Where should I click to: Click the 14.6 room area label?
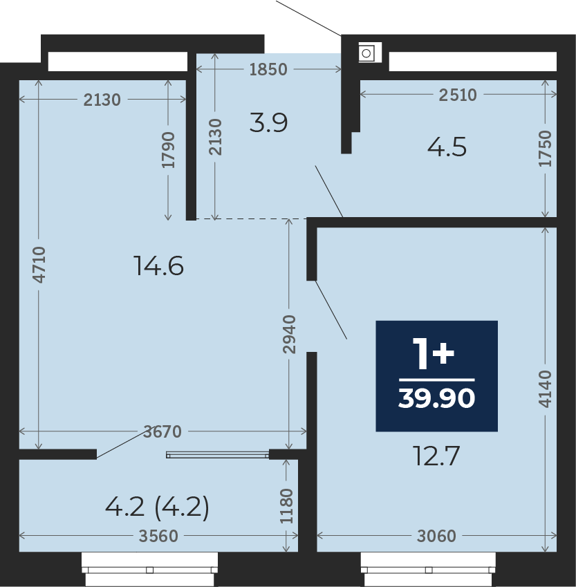(x=158, y=265)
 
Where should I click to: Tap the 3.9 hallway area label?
(x=268, y=123)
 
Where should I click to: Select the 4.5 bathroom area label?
(x=447, y=147)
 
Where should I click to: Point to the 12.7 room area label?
(x=436, y=456)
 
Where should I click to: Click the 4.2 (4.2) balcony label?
(x=157, y=507)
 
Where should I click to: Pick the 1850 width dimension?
(x=268, y=69)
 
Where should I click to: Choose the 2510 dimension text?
(x=458, y=95)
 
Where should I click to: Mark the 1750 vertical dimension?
(x=546, y=148)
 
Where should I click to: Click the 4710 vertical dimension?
(x=39, y=265)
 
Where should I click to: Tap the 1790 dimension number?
(x=168, y=150)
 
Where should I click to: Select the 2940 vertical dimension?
(x=289, y=335)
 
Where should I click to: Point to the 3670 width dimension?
(x=162, y=431)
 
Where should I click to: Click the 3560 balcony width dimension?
(x=158, y=536)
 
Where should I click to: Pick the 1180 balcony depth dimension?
(x=286, y=506)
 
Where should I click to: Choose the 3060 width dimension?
(x=436, y=536)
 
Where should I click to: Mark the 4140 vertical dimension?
(x=545, y=389)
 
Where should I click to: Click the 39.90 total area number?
(x=437, y=398)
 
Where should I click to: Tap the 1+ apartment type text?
(x=434, y=353)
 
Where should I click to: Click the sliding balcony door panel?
(x=218, y=455)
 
